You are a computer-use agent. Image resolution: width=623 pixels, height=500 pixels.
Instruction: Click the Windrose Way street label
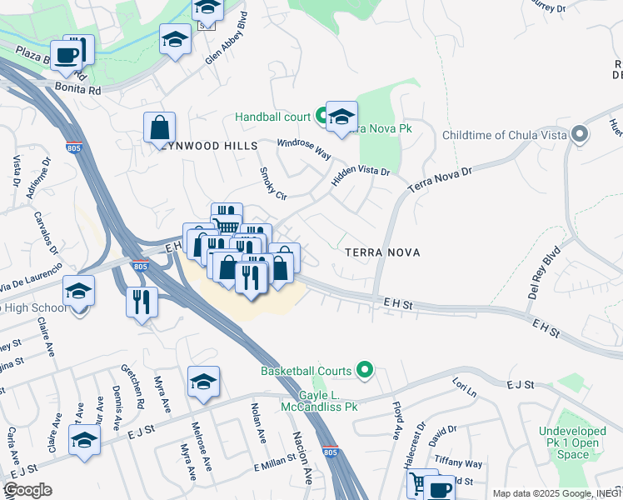click(304, 150)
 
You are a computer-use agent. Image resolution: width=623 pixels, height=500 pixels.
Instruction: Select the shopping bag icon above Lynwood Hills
click(159, 128)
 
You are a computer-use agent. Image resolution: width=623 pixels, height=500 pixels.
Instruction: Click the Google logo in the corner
click(27, 490)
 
